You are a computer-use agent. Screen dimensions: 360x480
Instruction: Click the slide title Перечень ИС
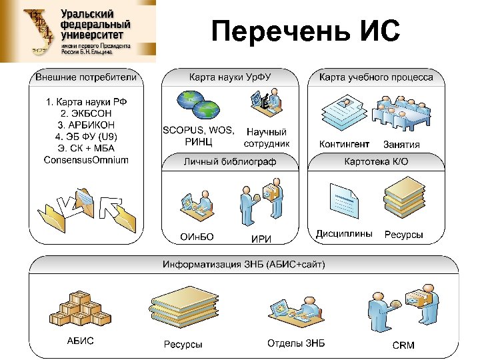[305, 31]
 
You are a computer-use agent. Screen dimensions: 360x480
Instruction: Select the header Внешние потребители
[86, 77]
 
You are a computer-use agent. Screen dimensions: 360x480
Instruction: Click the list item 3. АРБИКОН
[86, 125]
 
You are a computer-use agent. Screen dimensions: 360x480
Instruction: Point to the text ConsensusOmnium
[86, 159]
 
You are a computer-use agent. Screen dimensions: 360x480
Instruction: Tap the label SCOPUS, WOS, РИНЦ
[199, 135]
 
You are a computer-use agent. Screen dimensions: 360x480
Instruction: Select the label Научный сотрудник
[267, 138]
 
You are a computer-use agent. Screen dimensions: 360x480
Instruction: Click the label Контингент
[344, 144]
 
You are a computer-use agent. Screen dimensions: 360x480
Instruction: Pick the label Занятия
[401, 145]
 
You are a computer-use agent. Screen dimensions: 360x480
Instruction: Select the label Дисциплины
[344, 234]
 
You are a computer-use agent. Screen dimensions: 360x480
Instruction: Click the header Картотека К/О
[376, 161]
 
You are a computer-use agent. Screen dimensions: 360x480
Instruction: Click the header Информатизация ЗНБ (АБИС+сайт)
[244, 265]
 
